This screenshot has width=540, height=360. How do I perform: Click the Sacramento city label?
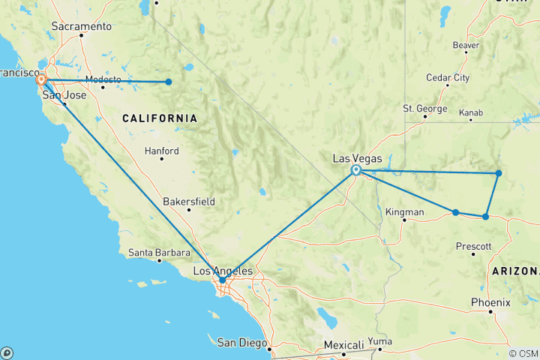(x=82, y=27)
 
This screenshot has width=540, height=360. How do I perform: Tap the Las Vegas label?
(x=358, y=158)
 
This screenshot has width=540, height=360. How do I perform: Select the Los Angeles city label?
(x=224, y=270)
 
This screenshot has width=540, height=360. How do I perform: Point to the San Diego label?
(x=241, y=343)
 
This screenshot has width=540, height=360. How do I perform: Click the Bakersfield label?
(x=189, y=201)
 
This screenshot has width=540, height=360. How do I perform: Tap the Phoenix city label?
(x=490, y=302)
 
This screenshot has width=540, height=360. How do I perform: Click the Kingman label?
(x=404, y=212)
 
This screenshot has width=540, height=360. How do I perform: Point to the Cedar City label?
(x=448, y=77)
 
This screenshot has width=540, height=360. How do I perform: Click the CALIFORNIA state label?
(x=160, y=118)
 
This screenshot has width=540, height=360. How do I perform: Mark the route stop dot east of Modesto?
(x=169, y=82)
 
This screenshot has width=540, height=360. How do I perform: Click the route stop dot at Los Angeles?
(x=222, y=280)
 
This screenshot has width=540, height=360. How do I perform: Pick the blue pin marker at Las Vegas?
(x=356, y=170)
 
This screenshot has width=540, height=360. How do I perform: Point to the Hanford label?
(x=163, y=151)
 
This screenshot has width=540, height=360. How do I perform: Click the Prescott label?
(x=474, y=246)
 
